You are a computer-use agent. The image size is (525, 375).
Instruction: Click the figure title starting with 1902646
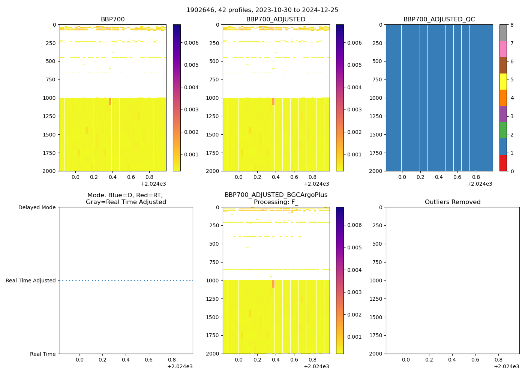coord(262,10)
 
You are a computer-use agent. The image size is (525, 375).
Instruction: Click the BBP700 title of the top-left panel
coord(112,19)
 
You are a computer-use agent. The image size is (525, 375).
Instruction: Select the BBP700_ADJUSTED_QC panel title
coord(439,19)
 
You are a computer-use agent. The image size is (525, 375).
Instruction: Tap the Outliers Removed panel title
coord(453,202)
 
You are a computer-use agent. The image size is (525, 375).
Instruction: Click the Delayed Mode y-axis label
coord(37,207)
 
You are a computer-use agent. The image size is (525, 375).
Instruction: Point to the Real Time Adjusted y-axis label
coord(31,280)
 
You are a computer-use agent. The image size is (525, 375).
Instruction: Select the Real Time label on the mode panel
coord(43,354)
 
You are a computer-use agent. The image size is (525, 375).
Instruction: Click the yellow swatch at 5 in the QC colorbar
coord(503,81)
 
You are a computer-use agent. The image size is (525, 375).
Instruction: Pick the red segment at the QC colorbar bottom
coord(503,163)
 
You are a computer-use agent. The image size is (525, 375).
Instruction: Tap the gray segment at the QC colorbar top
coord(503,33)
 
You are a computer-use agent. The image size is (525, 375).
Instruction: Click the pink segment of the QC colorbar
coord(503,49)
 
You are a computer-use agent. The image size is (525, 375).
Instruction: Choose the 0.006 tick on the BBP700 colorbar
coord(191,43)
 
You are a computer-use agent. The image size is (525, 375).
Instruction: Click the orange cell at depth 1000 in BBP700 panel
coord(110,101)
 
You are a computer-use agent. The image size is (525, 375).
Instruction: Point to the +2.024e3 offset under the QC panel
coord(479,184)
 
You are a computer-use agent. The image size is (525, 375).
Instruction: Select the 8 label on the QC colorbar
coord(511,25)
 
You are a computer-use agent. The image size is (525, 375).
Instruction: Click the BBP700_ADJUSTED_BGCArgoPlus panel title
coord(276,198)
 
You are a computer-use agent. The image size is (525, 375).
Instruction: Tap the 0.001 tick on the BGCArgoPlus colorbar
coord(354,337)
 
